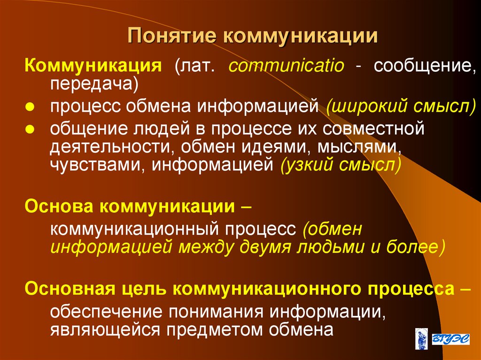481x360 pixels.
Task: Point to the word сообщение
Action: [x=422, y=66]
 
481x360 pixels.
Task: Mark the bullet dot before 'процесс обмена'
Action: [x=30, y=107]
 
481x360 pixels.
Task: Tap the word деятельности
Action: [x=108, y=147]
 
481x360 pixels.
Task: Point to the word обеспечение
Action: [x=107, y=312]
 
